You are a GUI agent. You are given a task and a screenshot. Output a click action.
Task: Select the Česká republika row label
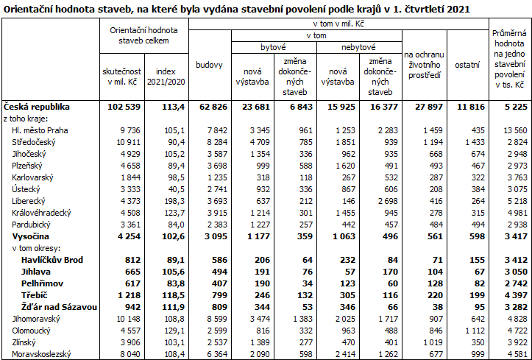[x=34, y=107]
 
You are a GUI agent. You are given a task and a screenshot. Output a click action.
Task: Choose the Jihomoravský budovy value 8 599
[x=212, y=318]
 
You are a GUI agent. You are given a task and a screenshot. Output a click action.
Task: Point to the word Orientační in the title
[x=30, y=9]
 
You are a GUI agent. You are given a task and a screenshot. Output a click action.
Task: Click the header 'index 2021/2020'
[x=166, y=74]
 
